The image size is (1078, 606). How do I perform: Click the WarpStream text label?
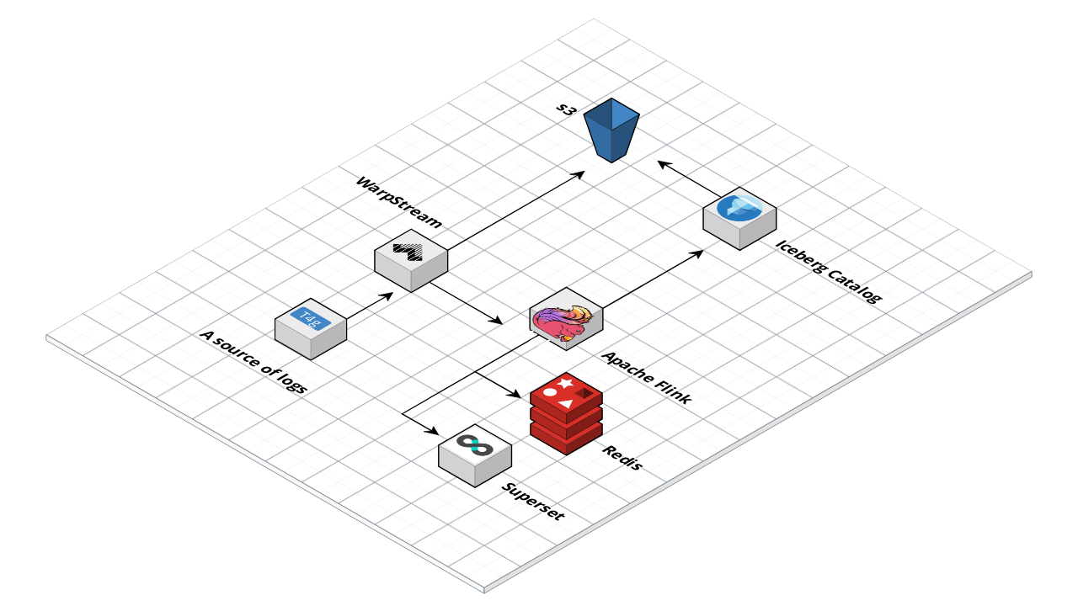(x=398, y=202)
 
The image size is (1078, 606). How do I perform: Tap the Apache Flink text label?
(x=647, y=378)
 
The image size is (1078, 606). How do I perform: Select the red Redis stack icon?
(x=566, y=412)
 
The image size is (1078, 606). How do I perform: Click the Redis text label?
(x=622, y=457)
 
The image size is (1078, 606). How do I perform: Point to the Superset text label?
(x=533, y=501)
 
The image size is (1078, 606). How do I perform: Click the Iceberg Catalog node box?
(x=739, y=216)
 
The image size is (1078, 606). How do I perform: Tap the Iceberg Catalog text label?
(x=828, y=273)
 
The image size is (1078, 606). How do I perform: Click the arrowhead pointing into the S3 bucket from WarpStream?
(x=580, y=173)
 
